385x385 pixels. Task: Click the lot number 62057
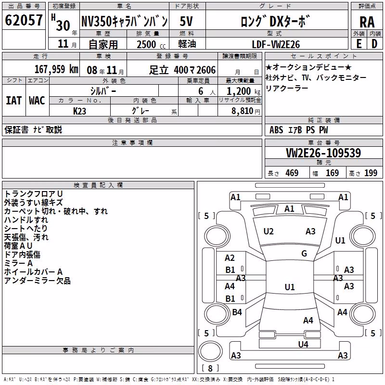click(x=24, y=20)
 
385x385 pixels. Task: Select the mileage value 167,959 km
click(x=56, y=69)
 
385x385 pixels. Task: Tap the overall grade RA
click(x=367, y=22)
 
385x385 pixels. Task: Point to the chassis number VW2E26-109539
click(x=323, y=153)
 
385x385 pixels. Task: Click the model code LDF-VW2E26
click(x=276, y=44)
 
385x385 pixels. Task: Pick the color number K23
click(x=79, y=111)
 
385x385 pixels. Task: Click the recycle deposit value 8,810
click(x=243, y=111)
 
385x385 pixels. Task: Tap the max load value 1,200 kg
click(x=243, y=91)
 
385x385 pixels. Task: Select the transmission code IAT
click(x=14, y=101)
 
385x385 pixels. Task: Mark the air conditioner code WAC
click(x=37, y=101)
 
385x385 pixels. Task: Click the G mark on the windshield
click(x=304, y=253)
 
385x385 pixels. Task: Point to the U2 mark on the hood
click(x=269, y=231)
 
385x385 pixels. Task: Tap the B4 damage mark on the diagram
click(x=237, y=312)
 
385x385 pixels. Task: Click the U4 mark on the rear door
click(x=303, y=344)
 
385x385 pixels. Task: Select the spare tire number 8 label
click(x=210, y=368)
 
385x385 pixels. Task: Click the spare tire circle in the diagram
click(x=210, y=351)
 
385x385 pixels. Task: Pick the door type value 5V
click(x=186, y=21)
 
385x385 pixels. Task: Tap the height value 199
click(x=371, y=173)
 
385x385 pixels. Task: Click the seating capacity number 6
click(x=201, y=91)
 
